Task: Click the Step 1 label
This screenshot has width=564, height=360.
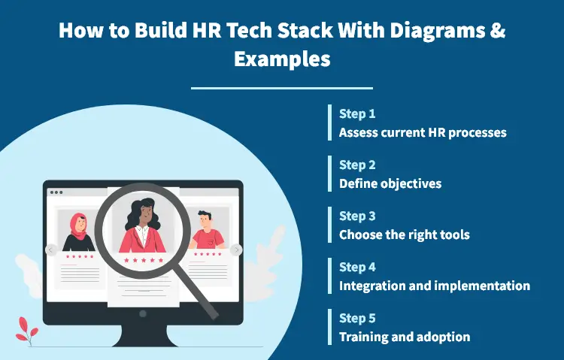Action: tap(357, 114)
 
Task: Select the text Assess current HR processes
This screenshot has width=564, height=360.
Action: tap(423, 132)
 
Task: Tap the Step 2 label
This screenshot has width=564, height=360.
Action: tap(357, 165)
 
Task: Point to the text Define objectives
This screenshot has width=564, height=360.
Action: tap(390, 183)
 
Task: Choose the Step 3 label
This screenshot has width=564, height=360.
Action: tap(357, 216)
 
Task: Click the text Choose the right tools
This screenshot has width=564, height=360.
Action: tap(404, 234)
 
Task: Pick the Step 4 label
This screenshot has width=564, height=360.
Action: tap(357, 267)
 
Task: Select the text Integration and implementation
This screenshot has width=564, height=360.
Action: tap(434, 286)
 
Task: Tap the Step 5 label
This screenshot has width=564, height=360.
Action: tap(357, 318)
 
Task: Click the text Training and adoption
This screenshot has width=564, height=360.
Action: tap(405, 337)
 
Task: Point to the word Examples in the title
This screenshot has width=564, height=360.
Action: tap(282, 59)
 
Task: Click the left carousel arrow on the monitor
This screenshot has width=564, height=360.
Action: tap(50, 250)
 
